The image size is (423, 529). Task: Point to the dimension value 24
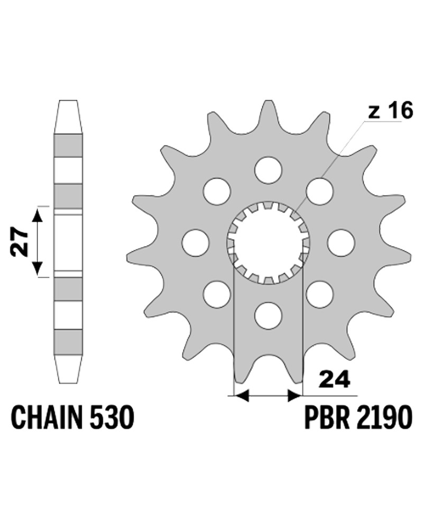point(335,379)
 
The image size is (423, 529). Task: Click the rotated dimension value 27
point(19,241)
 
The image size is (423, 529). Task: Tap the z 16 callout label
point(390,111)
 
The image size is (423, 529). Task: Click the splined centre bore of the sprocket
point(269,243)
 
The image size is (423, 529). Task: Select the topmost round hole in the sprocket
point(269,170)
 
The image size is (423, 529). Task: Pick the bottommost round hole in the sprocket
point(269,315)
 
